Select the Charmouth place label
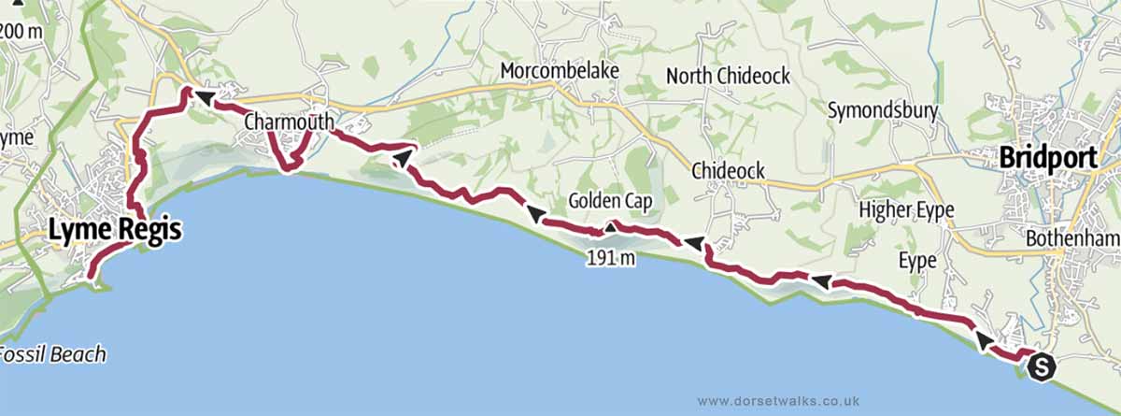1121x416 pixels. point(289,122)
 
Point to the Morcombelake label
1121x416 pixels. point(555,71)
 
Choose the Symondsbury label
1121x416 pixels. point(883,111)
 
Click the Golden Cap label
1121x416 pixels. point(611,200)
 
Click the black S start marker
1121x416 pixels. point(1041,367)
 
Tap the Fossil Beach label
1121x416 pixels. point(51,354)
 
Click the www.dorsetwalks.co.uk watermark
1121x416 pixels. point(778,399)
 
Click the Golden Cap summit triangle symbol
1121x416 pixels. point(609,226)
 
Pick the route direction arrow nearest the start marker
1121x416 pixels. point(984,341)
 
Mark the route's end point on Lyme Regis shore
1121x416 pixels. point(90,277)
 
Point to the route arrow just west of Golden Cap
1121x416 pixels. point(537,215)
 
